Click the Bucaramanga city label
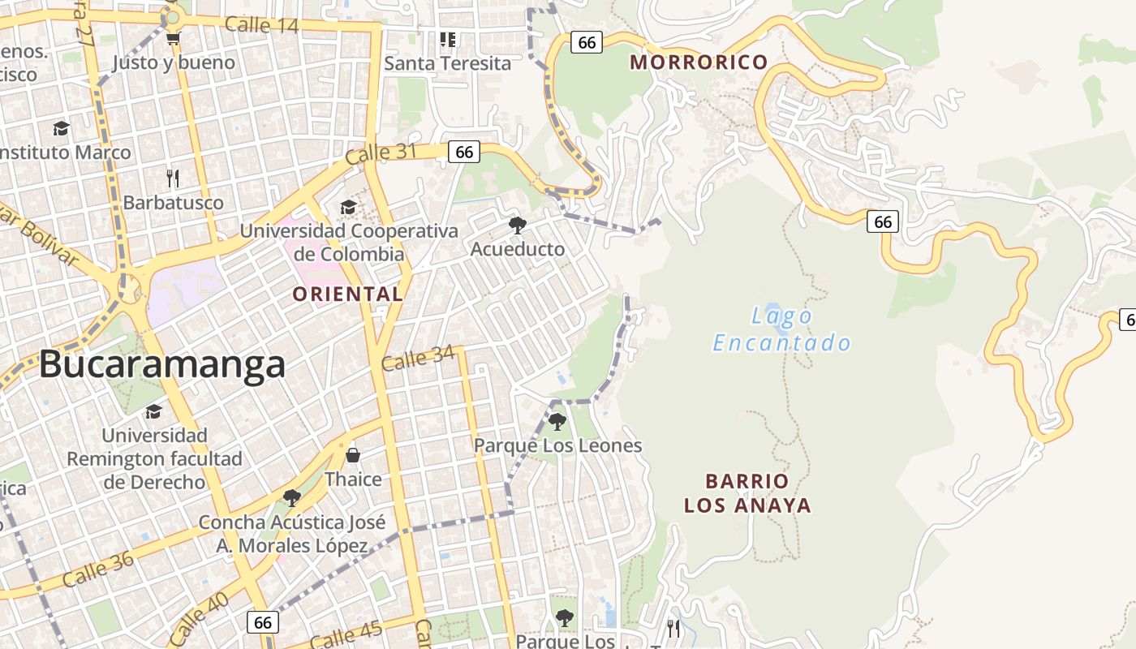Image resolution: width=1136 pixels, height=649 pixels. tap(162, 365)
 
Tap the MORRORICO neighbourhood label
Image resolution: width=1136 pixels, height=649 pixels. tap(699, 62)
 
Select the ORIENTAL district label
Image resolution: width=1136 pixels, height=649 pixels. tap(348, 294)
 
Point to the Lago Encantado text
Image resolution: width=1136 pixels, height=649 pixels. tap(781, 329)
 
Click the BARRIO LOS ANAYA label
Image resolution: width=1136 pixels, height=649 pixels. tap(747, 493)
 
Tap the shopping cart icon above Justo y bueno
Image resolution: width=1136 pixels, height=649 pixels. tap(173, 38)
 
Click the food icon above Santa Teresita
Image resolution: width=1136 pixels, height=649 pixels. tap(447, 39)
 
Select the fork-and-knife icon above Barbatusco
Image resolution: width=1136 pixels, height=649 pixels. tap(172, 178)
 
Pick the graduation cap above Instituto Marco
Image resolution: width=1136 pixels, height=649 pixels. tap(61, 128)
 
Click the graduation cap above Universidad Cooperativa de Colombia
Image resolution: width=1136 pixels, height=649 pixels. tap(348, 207)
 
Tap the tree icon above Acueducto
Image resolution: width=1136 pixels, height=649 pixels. tap(517, 225)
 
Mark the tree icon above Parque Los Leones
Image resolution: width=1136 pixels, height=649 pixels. tap(557, 421)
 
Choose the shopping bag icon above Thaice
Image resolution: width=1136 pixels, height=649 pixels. tap(353, 455)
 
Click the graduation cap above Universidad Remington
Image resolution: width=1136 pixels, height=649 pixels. tap(153, 412)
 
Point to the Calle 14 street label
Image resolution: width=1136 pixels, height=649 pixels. tap(261, 24)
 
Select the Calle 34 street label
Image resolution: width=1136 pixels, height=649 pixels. tap(418, 358)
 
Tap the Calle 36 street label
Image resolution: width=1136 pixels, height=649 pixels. tap(97, 569)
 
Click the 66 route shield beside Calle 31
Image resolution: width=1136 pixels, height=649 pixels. tap(464, 152)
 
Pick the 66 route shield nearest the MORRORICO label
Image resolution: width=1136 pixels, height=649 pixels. tap(587, 42)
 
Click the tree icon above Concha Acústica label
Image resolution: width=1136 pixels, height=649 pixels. tap(292, 497)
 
